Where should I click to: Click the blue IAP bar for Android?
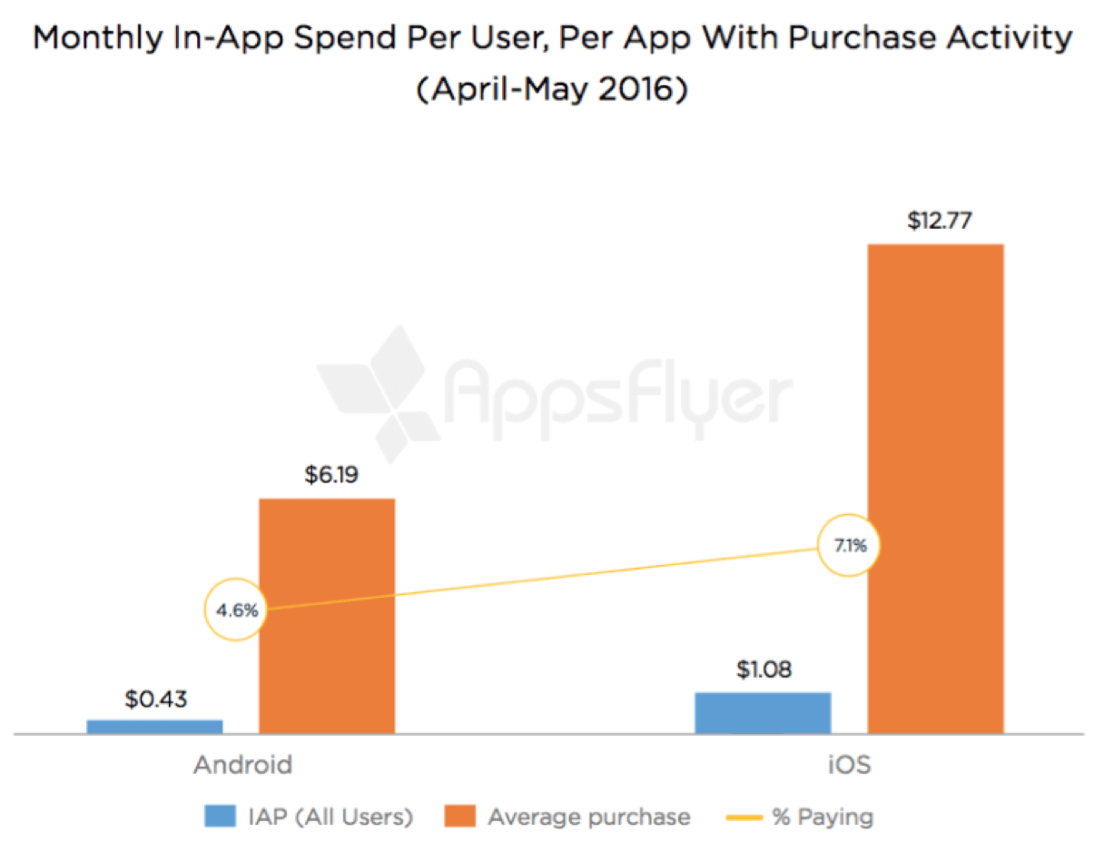click(x=154, y=726)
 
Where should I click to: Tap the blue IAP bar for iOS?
click(x=763, y=712)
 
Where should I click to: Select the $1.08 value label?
click(x=763, y=671)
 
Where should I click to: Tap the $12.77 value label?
click(x=935, y=223)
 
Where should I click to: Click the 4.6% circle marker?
click(x=237, y=610)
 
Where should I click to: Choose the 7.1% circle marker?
click(x=850, y=546)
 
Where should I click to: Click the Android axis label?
click(x=243, y=765)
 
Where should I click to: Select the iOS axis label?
click(x=850, y=765)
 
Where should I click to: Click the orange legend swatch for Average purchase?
click(x=459, y=817)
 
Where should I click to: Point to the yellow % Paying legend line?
click(x=743, y=817)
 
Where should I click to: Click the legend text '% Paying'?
click(x=822, y=817)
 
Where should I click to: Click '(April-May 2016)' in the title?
click(x=551, y=92)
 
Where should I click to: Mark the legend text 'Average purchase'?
click(x=588, y=817)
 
